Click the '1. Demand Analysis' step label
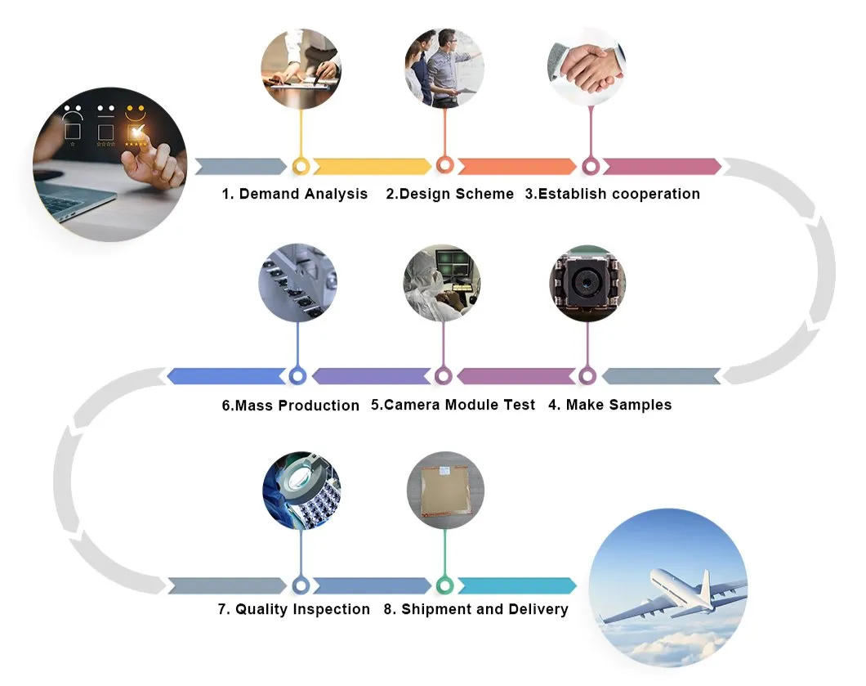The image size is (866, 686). pyautogui.click(x=295, y=194)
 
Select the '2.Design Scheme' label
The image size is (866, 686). pyautogui.click(x=449, y=194)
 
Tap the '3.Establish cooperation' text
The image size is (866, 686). pyautogui.click(x=612, y=194)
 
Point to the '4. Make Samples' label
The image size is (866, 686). pyautogui.click(x=609, y=404)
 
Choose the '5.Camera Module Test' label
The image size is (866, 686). pyautogui.click(x=453, y=404)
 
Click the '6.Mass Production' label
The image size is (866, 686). pyautogui.click(x=290, y=405)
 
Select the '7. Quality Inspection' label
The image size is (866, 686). pyautogui.click(x=294, y=609)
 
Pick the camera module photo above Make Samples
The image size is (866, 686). pyautogui.click(x=587, y=282)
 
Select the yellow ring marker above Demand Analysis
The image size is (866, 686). pyautogui.click(x=301, y=167)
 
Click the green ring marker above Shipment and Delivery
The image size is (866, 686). pyautogui.click(x=444, y=585)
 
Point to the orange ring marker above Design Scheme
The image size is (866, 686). pyautogui.click(x=444, y=165)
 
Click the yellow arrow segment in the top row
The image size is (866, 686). pyautogui.click(x=372, y=167)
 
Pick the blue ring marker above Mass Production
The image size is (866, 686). pyautogui.click(x=297, y=376)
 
